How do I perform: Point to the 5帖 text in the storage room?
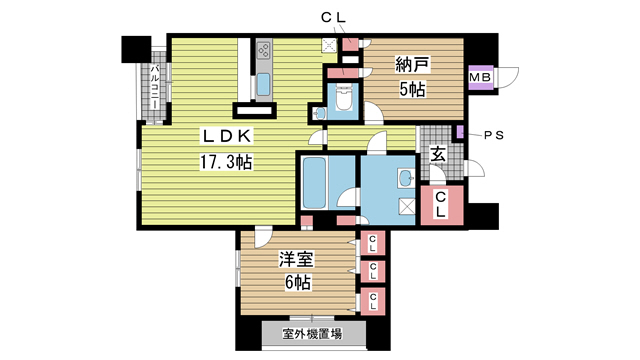pyautogui.click(x=410, y=90)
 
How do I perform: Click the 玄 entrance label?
pyautogui.click(x=438, y=154)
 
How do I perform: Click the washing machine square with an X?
pyautogui.click(x=406, y=208)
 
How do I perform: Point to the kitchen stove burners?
pyautogui.click(x=265, y=49)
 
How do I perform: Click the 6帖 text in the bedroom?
pyautogui.click(x=295, y=283)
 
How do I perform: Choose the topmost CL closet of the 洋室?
pyautogui.click(x=372, y=243)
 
